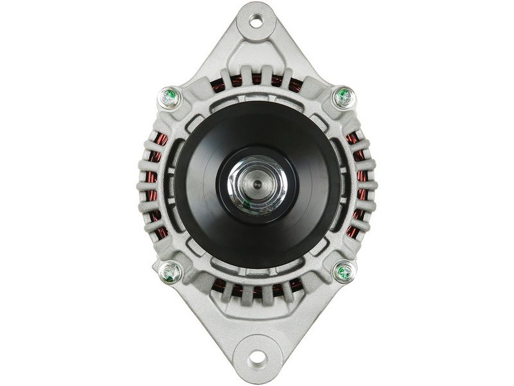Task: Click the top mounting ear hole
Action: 256,21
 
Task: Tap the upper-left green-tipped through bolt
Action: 168,98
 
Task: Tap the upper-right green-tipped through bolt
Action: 344,98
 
